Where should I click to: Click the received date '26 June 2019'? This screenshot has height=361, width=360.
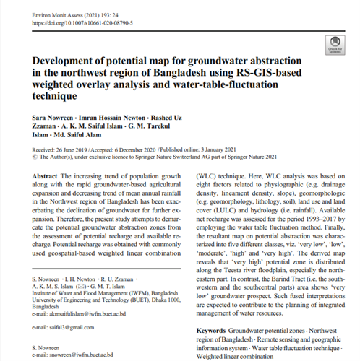click(x=76, y=149)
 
